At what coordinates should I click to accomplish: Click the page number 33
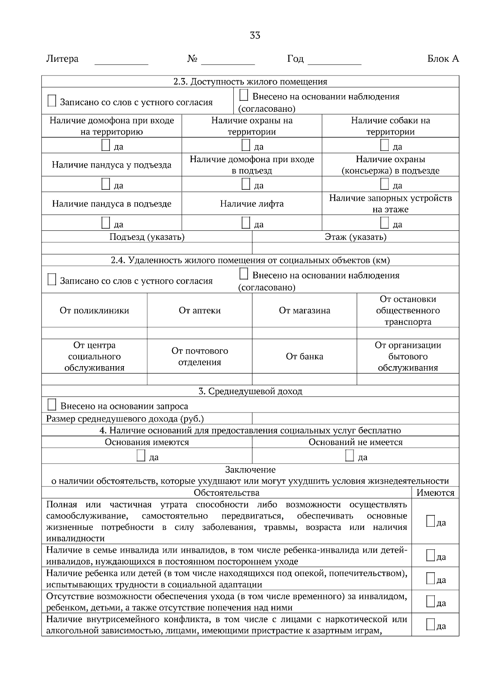pyautogui.click(x=255, y=35)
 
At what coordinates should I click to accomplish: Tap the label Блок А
pyautogui.click(x=443, y=59)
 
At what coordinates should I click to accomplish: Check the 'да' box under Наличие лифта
pyautogui.click(x=246, y=223)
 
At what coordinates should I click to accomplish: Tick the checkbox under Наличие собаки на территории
pyautogui.click(x=384, y=145)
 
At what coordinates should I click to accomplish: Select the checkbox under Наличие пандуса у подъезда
pyautogui.click(x=106, y=184)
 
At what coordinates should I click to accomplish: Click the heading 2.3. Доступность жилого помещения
pyautogui.click(x=250, y=82)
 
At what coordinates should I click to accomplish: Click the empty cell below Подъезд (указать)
pyautogui.click(x=147, y=248)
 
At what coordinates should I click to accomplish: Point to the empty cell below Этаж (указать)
pyautogui.click(x=355, y=248)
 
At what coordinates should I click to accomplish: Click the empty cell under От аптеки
pyautogui.click(x=199, y=333)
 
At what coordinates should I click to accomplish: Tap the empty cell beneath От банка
pyautogui.click(x=304, y=379)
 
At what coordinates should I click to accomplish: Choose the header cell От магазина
pyautogui.click(x=304, y=311)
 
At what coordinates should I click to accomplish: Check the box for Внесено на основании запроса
pyautogui.click(x=52, y=405)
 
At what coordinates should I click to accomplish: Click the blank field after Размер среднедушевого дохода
pyautogui.click(x=355, y=419)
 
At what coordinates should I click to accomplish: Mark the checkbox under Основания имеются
pyautogui.click(x=141, y=456)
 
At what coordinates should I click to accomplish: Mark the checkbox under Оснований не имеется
pyautogui.click(x=349, y=456)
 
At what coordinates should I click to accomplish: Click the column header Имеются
pyautogui.click(x=435, y=493)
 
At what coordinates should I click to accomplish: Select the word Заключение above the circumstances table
pyautogui.click(x=250, y=470)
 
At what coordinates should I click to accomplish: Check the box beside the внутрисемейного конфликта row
pyautogui.click(x=431, y=625)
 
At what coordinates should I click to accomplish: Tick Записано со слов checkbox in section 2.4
pyautogui.click(x=52, y=280)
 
